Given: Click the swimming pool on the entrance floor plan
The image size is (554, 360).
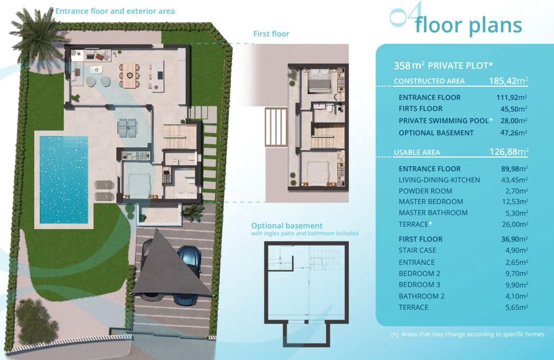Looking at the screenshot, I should [63, 180].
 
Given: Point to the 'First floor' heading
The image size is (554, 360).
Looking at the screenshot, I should [271, 34].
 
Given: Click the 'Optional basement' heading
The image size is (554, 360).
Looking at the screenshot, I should [287, 226].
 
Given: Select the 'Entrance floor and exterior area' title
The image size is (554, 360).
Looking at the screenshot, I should [115, 11].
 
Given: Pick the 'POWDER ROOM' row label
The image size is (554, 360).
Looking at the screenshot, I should [425, 191].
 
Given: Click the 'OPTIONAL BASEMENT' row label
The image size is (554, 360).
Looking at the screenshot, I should [436, 133].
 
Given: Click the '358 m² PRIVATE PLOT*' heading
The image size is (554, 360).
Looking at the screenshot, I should [443, 66].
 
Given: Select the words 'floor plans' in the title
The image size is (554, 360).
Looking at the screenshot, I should [468, 25].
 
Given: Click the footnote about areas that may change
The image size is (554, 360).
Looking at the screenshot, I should [467, 334].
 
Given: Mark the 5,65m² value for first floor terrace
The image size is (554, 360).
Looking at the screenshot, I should [515, 307].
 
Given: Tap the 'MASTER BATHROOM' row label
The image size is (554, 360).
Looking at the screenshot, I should [433, 213].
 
